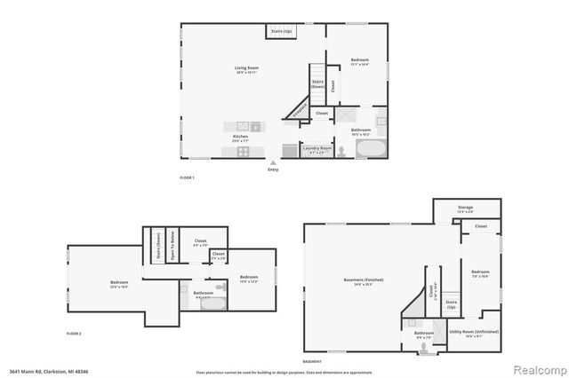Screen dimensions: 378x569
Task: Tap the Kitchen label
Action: (x=240, y=136)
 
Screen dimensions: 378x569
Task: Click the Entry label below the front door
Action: (x=273, y=169)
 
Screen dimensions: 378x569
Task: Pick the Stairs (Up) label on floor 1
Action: (x=282, y=32)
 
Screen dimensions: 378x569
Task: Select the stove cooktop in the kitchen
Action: (x=243, y=152)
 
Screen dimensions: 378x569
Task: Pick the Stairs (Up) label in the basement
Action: (x=451, y=303)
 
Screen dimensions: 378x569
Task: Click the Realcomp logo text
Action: (x=537, y=368)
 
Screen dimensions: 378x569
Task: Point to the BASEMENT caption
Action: (x=312, y=362)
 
